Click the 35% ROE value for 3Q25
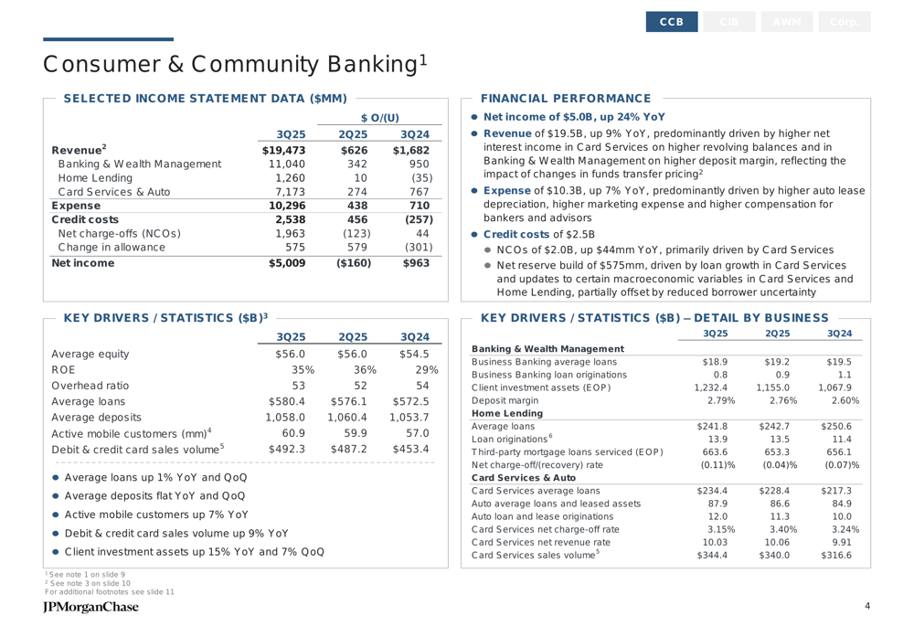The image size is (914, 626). (303, 370)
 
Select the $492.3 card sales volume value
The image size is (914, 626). (286, 449)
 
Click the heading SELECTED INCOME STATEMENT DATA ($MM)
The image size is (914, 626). (205, 98)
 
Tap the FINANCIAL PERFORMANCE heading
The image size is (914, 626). (565, 98)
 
